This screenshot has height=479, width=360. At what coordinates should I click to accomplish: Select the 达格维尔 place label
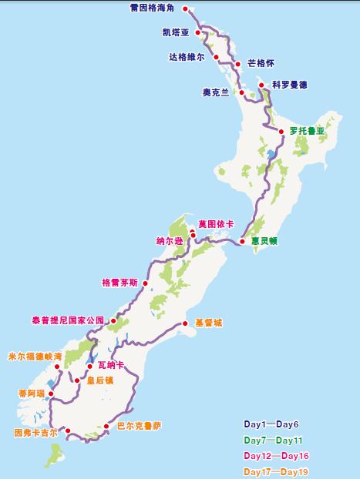pos(187,57)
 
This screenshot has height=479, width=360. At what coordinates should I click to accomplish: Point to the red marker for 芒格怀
pos(237,64)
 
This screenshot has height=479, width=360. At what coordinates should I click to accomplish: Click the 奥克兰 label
pos(216,92)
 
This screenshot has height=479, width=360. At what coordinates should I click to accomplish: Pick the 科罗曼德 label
pos(289,85)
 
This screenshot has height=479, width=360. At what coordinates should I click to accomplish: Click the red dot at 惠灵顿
pos(242,240)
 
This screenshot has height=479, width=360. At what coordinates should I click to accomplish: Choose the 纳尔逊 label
pos(170,240)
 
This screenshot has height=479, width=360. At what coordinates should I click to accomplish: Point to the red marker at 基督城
pos(185,323)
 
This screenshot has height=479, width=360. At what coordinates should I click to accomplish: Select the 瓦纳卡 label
pos(111,364)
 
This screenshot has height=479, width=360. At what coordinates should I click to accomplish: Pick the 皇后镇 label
pos(99,380)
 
